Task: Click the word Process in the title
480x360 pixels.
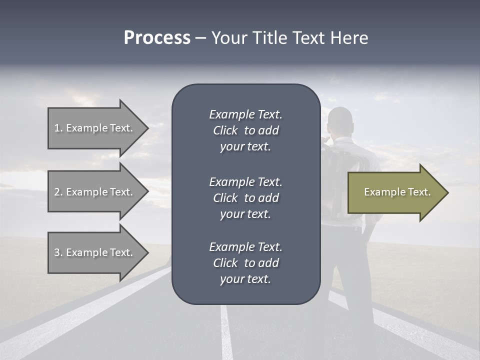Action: (157, 38)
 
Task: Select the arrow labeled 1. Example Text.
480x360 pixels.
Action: (95, 128)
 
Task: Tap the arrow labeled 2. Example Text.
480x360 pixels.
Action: (95, 192)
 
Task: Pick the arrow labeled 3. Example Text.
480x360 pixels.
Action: (95, 252)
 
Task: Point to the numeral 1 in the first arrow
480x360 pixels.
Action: (56, 128)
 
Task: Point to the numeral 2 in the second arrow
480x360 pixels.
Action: (57, 192)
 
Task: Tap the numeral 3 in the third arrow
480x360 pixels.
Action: (57, 252)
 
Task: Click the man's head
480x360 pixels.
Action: (341, 120)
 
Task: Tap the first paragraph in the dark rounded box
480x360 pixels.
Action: (245, 130)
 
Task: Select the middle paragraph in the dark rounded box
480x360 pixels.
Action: (245, 198)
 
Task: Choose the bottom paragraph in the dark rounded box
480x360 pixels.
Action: (245, 263)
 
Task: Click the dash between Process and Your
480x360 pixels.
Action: (200, 38)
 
